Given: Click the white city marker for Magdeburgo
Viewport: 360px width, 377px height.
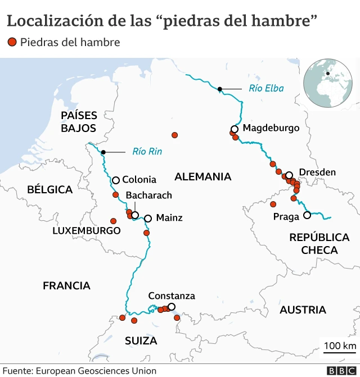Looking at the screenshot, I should (235, 129).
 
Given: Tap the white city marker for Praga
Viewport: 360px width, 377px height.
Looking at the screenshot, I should (307, 215).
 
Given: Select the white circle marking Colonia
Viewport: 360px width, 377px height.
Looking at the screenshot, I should (115, 180).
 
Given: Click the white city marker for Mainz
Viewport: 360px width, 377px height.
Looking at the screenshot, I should (148, 219).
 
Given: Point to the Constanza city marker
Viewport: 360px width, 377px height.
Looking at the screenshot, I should (172, 307).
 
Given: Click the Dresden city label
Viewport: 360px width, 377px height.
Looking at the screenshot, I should (317, 172).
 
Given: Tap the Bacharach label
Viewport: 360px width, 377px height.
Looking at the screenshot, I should (149, 195).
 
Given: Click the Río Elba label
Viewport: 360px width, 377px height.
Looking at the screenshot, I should (266, 88).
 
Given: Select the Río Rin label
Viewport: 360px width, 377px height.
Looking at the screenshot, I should (147, 151).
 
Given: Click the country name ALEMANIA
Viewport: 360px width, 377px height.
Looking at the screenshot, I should (202, 177).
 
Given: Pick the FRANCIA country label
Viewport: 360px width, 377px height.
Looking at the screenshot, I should (66, 286).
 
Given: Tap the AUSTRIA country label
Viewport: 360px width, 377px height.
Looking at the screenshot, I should (303, 310).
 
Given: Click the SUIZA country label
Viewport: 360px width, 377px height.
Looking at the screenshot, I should (141, 340).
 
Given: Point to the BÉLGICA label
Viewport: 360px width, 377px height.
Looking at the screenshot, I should (49, 189).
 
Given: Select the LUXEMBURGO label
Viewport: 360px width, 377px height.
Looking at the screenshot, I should (87, 231).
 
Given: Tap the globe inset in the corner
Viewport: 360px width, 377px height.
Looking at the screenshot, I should (327, 83).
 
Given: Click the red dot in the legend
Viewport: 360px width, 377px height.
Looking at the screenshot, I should (12, 42).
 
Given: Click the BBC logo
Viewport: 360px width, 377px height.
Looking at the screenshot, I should (340, 371).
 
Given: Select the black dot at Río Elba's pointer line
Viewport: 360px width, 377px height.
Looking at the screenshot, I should (220, 89).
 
